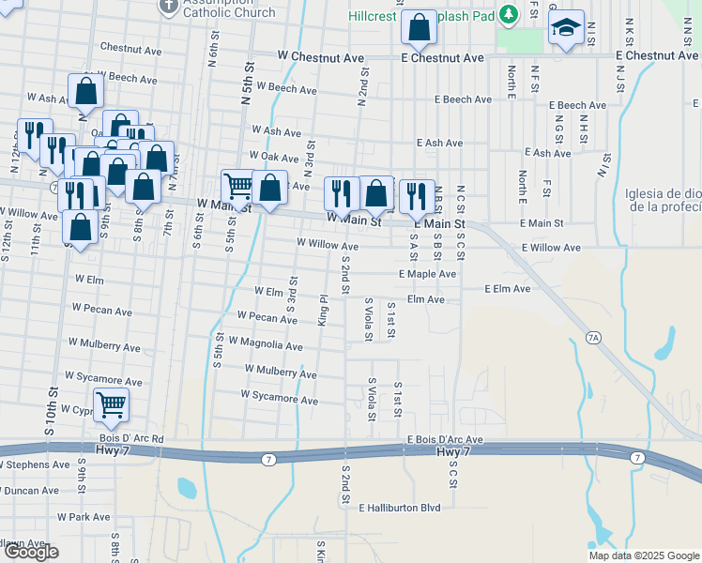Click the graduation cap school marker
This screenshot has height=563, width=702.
tap(567, 28)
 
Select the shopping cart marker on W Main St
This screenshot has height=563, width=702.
tap(239, 187)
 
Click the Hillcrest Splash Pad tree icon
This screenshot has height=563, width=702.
tap(509, 15)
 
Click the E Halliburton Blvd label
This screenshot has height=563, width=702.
tap(399, 508)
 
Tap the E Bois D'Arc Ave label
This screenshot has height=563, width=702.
tap(444, 439)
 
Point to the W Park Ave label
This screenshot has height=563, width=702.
tap(84, 516)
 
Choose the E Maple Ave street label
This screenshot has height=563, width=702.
tap(427, 274)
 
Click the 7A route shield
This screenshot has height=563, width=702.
tap(592, 336)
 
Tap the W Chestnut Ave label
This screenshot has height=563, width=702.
tap(321, 57)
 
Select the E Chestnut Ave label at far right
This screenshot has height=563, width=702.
tap(657, 56)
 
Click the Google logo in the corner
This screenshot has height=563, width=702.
tap(32, 552)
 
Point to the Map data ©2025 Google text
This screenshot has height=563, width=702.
tap(643, 555)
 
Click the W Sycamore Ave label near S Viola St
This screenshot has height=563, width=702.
tap(279, 399)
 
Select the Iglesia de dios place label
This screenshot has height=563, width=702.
tap(662, 200)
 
